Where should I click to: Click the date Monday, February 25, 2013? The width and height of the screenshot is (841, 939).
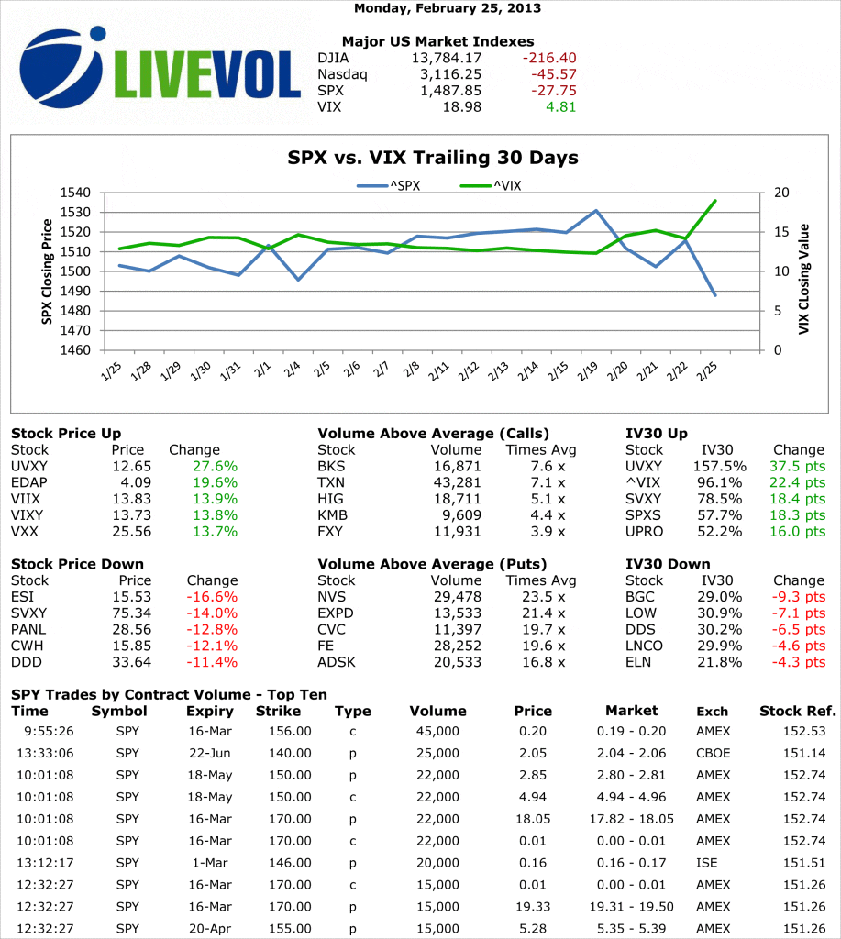447,8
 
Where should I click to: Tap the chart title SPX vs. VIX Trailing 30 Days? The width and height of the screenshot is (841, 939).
433,158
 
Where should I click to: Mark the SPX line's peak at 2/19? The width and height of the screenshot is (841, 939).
596,211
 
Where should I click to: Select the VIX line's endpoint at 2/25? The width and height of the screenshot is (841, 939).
715,201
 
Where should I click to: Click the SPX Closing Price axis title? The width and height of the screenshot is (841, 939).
47,271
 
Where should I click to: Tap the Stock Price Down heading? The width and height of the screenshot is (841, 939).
78,564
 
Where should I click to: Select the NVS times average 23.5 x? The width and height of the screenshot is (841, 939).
549,596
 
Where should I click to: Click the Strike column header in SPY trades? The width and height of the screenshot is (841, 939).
278,711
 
